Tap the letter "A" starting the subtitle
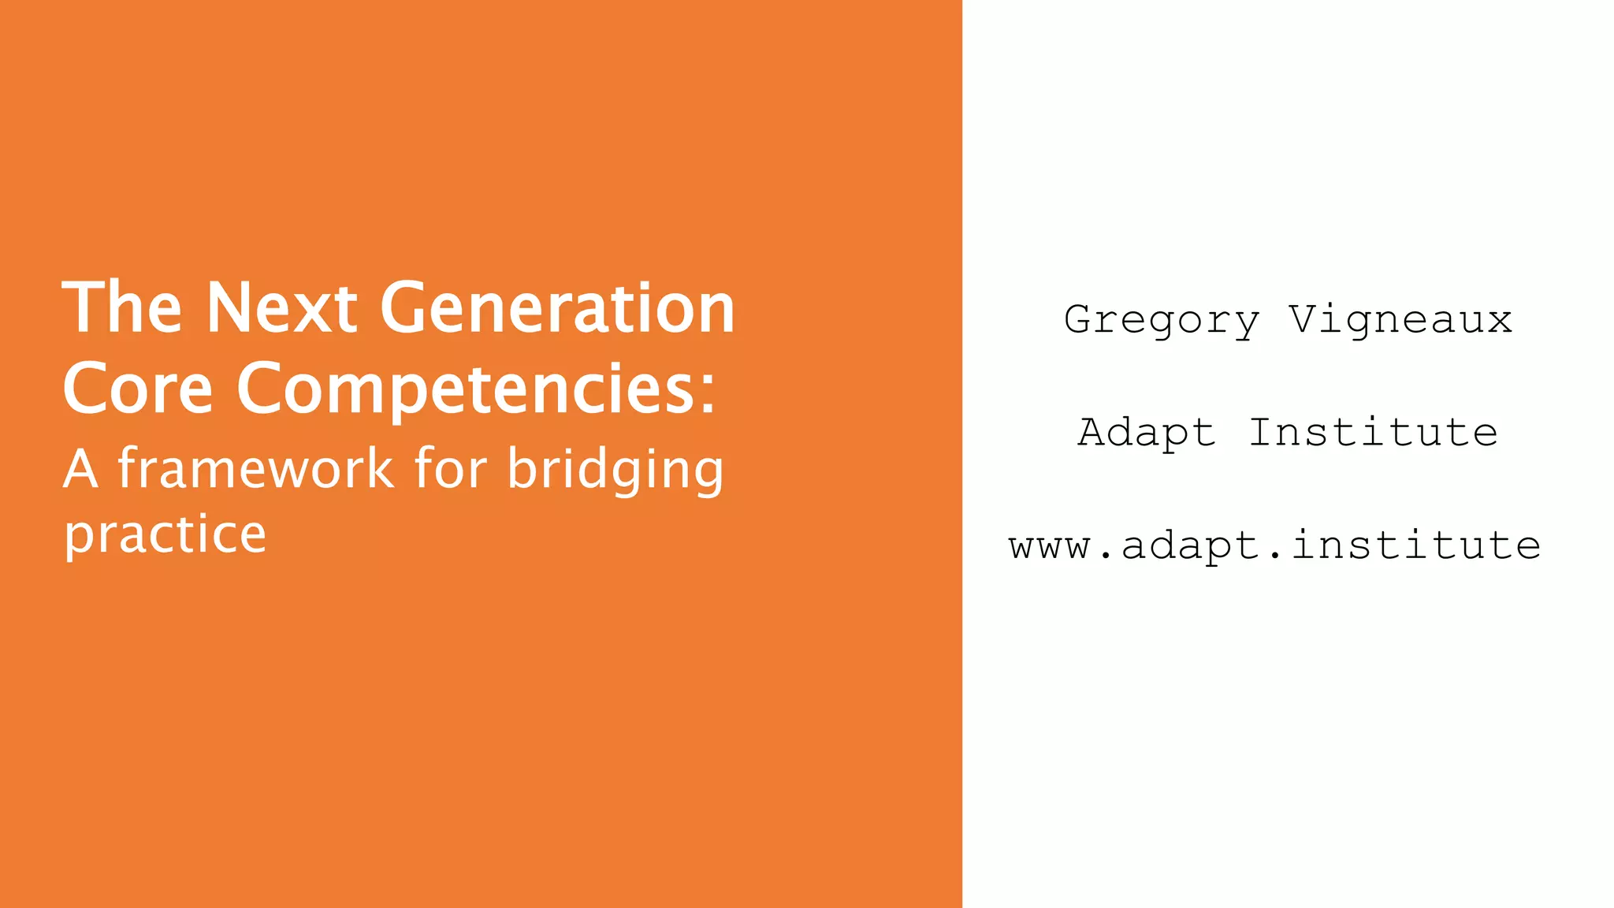coord(80,469)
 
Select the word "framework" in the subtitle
coord(255,469)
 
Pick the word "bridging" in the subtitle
coord(615,471)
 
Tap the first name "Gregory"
coord(1162,321)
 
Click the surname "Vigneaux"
coord(1400,319)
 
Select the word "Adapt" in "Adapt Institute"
coord(1147,434)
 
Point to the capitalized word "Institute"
coord(1373,432)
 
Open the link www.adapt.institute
coord(1274,545)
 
